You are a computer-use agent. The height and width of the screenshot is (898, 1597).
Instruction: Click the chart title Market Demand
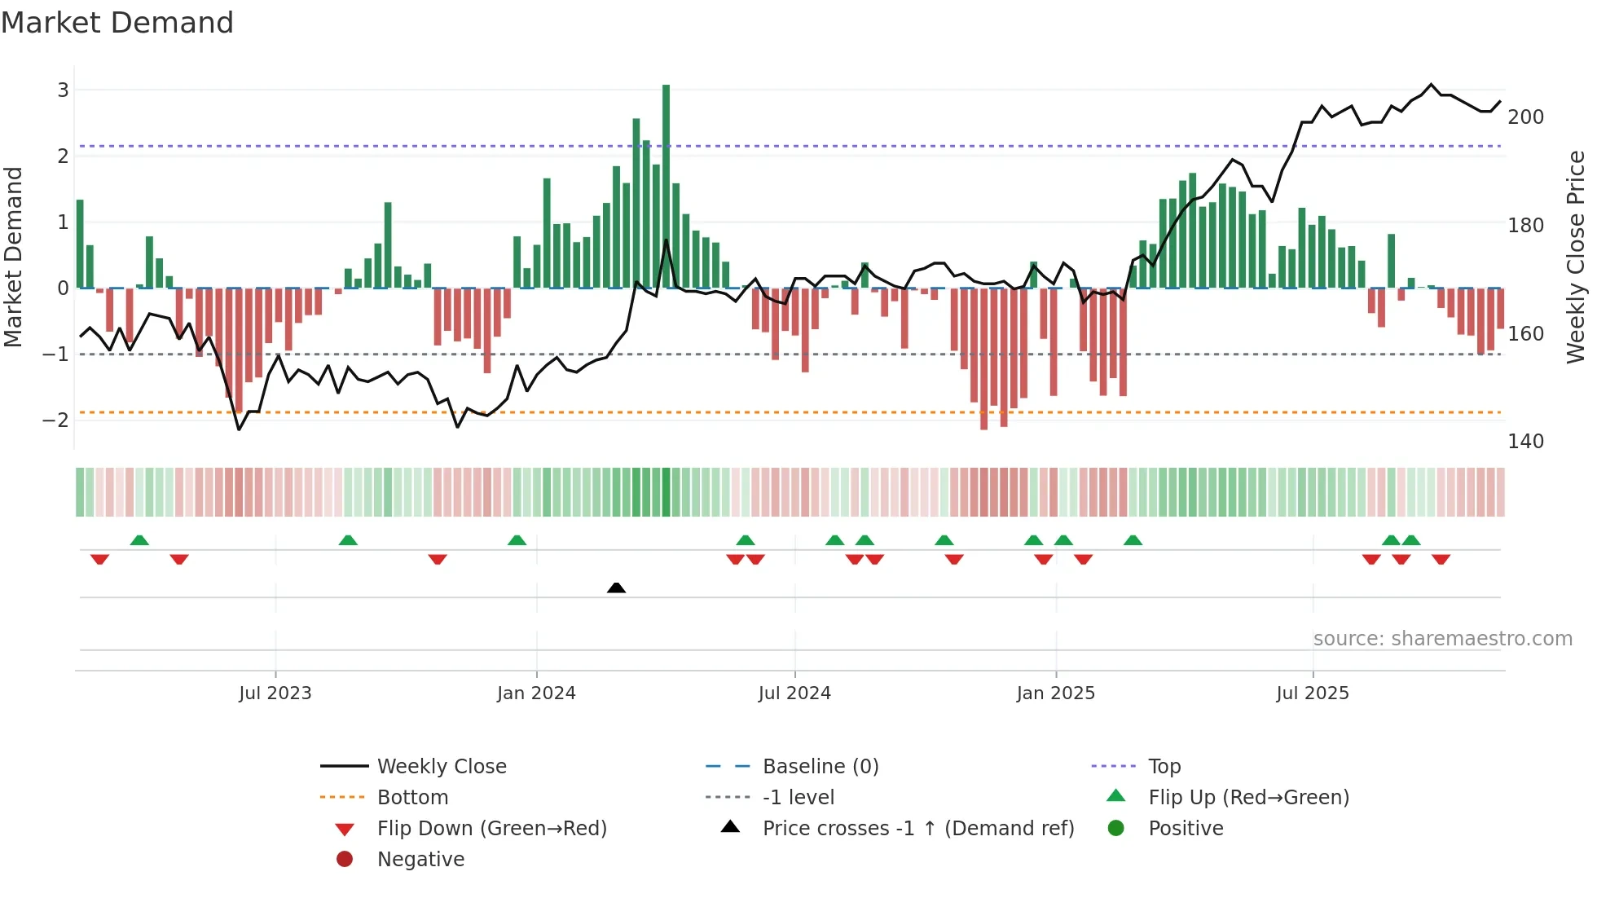[x=117, y=23]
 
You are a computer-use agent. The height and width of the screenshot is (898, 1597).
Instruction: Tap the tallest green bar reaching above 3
[x=666, y=186]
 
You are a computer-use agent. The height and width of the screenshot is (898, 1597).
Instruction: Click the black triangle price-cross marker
[x=616, y=588]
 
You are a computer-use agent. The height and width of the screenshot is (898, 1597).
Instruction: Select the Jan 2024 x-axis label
[x=536, y=693]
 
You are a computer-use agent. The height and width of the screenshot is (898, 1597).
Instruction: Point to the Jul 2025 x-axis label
[x=1312, y=693]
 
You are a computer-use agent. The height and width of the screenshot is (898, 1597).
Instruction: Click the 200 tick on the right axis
[x=1525, y=117]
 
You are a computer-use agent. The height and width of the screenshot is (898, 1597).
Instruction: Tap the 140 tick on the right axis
[x=1525, y=442]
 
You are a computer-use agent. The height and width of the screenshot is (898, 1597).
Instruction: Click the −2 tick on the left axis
[x=55, y=420]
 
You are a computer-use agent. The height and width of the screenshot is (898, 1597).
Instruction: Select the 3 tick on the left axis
[x=63, y=90]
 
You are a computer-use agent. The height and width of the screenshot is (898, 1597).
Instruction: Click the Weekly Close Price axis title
[x=1576, y=257]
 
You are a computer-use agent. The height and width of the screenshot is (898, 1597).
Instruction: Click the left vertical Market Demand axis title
[x=13, y=257]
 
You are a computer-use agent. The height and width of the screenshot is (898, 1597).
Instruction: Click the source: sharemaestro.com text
[x=1442, y=639]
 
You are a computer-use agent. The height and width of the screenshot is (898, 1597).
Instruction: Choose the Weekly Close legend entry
[x=441, y=767]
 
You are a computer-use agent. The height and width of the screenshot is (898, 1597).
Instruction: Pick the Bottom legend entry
[x=412, y=798]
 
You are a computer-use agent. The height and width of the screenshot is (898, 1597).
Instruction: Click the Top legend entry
[x=1164, y=767]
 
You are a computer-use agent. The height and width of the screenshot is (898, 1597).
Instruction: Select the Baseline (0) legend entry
[x=820, y=767]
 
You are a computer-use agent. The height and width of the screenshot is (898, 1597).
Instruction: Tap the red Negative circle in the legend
[x=345, y=860]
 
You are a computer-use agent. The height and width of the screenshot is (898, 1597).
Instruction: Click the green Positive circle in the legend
[x=1116, y=829]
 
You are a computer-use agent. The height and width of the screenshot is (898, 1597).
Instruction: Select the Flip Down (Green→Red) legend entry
[x=491, y=829]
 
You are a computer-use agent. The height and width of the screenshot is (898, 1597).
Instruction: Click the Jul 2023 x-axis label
[x=275, y=693]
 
